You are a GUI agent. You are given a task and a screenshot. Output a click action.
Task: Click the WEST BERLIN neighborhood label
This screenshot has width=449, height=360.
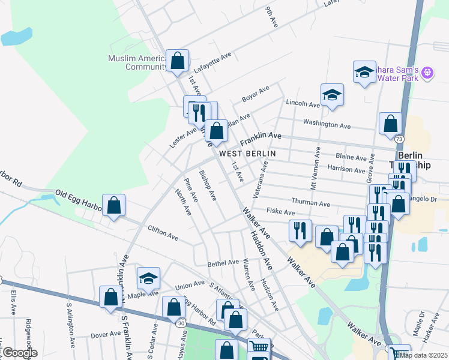(x=247, y=154)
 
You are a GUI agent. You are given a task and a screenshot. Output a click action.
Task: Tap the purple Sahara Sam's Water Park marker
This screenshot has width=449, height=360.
(x=427, y=73)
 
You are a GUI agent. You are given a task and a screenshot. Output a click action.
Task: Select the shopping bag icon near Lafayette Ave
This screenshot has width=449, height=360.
(x=177, y=61)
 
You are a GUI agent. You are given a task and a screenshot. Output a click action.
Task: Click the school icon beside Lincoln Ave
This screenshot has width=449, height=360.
(x=332, y=95)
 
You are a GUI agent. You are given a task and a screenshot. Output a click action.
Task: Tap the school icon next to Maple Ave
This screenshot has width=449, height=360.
(x=148, y=278)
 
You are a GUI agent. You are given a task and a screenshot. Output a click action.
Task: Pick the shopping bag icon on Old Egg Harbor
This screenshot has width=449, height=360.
(x=113, y=206)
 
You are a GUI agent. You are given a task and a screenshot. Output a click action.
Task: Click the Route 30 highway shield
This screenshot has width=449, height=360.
(x=181, y=323)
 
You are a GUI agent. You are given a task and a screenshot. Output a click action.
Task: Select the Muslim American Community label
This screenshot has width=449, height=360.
(x=137, y=62)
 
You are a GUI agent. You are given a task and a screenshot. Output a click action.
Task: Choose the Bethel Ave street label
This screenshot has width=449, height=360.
(x=223, y=263)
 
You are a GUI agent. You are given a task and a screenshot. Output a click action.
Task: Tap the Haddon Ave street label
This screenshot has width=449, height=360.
(x=262, y=248)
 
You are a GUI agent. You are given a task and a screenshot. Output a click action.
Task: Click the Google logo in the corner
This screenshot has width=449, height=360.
(x=19, y=353)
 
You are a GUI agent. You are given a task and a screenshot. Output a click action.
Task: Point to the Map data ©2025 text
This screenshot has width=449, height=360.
(x=424, y=355)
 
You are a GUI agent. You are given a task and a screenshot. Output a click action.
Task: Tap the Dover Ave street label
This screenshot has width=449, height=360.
(x=106, y=335)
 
